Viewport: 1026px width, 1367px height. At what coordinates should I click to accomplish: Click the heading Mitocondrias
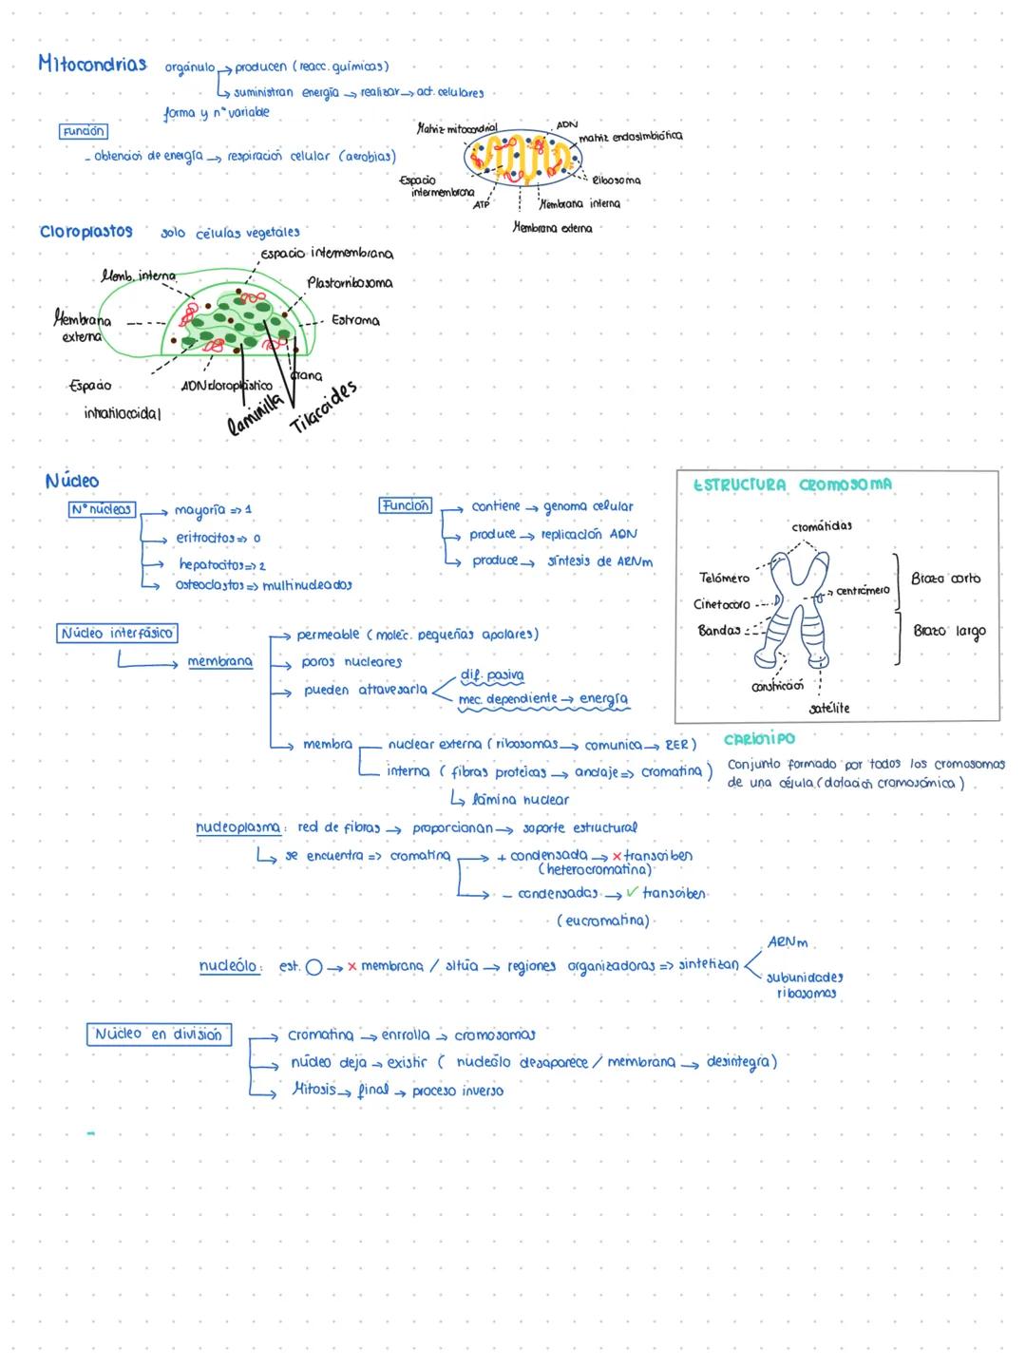[92, 64]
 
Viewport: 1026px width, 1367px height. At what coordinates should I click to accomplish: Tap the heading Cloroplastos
[85, 232]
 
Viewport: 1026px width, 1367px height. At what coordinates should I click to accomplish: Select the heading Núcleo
[71, 481]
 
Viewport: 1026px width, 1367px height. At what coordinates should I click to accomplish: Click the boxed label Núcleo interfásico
[118, 633]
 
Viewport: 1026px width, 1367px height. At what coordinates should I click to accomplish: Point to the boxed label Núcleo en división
[158, 1034]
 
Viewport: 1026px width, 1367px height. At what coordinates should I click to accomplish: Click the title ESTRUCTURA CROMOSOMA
[792, 484]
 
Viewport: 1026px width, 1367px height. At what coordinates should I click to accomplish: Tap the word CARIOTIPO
[759, 738]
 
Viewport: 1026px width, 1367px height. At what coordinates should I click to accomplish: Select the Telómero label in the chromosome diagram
[724, 578]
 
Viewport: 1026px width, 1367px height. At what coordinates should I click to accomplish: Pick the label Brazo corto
[945, 578]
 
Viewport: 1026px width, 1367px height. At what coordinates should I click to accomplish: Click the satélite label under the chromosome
[829, 709]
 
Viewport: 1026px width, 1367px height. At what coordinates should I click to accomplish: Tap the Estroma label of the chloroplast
[355, 320]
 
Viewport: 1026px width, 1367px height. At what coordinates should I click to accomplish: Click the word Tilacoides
[324, 407]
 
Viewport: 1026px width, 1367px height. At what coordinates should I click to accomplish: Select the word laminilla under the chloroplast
[256, 415]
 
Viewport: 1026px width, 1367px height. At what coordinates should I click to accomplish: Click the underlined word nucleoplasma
[238, 827]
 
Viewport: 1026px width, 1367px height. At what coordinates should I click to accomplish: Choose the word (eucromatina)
[603, 921]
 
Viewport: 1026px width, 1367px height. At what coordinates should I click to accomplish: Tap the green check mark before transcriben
[633, 892]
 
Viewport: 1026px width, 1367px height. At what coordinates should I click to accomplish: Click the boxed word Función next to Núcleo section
[406, 505]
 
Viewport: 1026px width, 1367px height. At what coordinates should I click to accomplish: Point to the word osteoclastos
[209, 584]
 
